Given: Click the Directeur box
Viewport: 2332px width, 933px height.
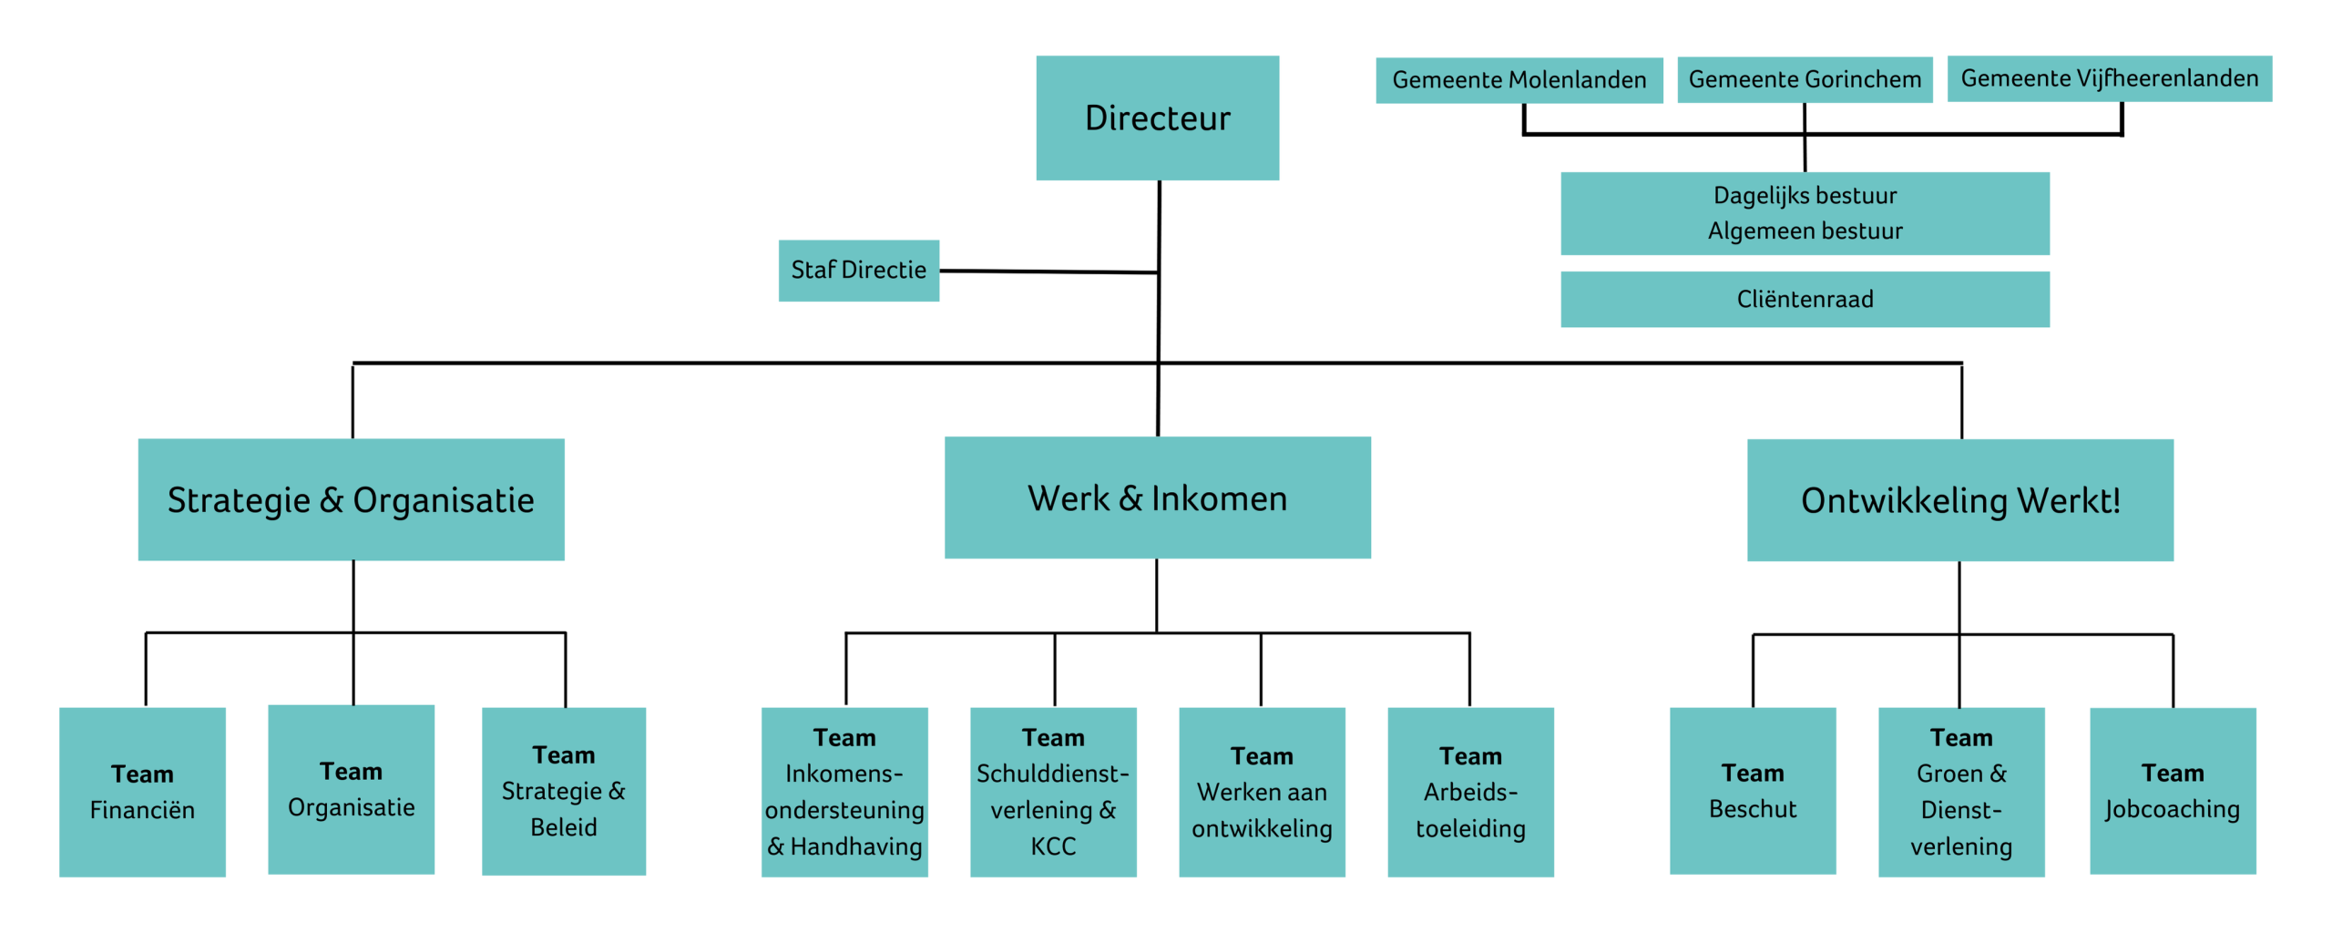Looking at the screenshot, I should (1157, 118).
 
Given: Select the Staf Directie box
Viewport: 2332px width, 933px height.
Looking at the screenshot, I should (858, 271).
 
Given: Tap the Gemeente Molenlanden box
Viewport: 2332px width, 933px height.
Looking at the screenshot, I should (1519, 80).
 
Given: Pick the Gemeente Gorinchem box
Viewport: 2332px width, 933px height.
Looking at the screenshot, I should (1804, 79).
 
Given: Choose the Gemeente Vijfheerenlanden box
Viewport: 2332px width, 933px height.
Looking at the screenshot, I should (2109, 78).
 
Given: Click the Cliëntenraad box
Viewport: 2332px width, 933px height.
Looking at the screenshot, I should (1804, 299).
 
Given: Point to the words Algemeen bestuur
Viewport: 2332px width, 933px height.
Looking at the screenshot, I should (1804, 231).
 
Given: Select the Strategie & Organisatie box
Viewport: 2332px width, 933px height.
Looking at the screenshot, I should (351, 499).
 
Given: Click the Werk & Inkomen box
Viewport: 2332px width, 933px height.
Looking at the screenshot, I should (1157, 497).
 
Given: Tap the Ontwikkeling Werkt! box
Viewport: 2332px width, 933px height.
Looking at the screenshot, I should (1959, 500).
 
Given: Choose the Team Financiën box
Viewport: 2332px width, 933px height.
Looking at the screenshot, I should (142, 792).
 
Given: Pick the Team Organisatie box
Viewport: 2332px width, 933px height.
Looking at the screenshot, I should (351, 789).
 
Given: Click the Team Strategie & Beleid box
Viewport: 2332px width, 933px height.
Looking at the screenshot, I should (563, 791).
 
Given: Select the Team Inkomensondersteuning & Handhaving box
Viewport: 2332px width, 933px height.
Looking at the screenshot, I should (844, 792).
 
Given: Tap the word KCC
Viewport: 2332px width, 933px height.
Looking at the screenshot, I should (1052, 846).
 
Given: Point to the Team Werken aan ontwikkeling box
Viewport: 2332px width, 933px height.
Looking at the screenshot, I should (1261, 792).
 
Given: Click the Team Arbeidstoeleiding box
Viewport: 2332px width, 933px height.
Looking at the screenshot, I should (1469, 792).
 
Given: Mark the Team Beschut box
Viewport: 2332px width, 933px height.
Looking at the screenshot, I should (1752, 791).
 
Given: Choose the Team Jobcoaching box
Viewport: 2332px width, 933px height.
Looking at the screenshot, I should (2172, 791).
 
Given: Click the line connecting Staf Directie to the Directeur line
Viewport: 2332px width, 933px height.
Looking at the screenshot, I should (1048, 272).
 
